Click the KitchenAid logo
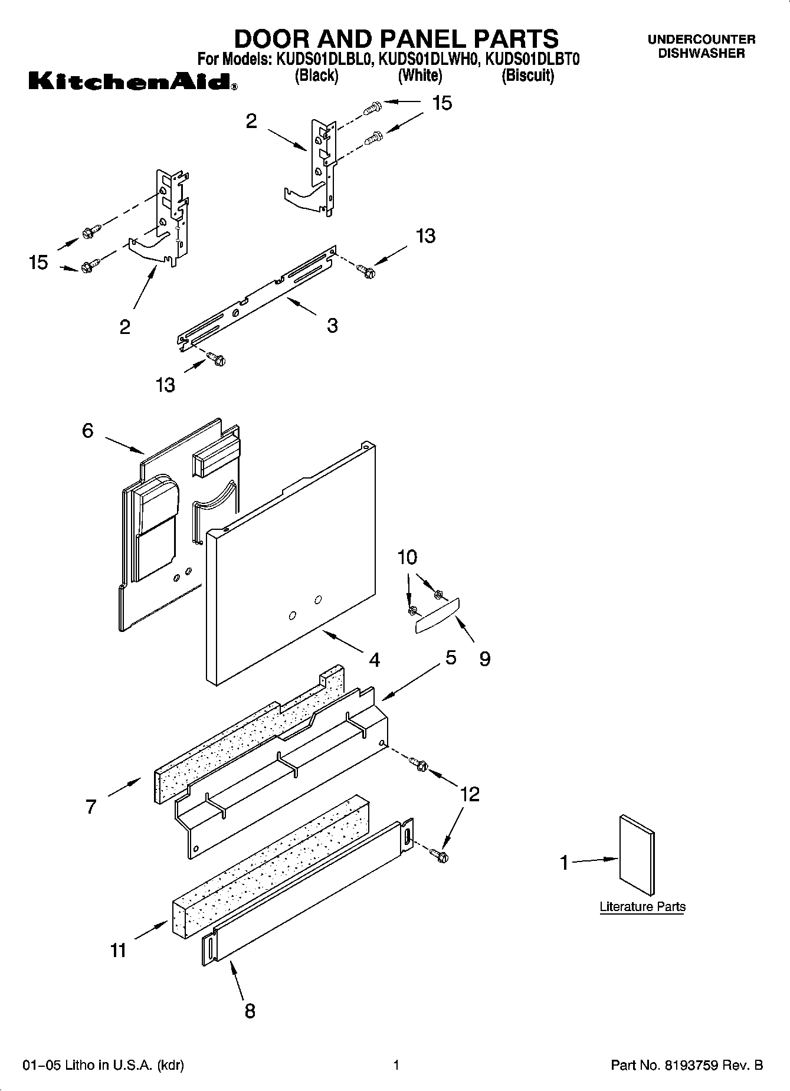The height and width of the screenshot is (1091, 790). click(x=133, y=81)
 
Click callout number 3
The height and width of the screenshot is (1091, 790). click(x=332, y=325)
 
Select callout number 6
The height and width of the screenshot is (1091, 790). click(x=87, y=431)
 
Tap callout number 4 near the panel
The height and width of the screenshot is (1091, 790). click(x=374, y=660)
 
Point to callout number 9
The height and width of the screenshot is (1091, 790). click(x=484, y=658)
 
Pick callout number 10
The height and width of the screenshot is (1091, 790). click(x=407, y=556)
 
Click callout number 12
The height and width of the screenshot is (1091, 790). click(x=470, y=794)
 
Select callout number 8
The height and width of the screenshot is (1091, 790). click(x=250, y=1011)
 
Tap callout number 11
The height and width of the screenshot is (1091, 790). click(x=118, y=951)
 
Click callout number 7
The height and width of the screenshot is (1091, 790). click(x=91, y=807)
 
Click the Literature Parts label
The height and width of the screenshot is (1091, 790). click(x=643, y=907)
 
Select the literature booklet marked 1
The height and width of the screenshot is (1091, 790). click(x=637, y=856)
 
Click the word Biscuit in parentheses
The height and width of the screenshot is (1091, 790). click(x=527, y=76)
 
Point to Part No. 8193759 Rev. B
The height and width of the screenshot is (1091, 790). click(x=687, y=1066)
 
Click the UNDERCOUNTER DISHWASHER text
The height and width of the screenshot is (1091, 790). click(x=701, y=46)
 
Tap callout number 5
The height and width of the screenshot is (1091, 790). click(x=451, y=657)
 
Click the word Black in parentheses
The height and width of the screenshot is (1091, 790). click(x=317, y=76)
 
